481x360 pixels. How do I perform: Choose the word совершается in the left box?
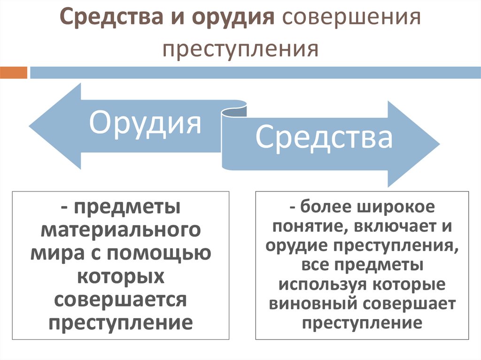[121, 299]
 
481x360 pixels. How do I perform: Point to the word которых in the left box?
[121, 276]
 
